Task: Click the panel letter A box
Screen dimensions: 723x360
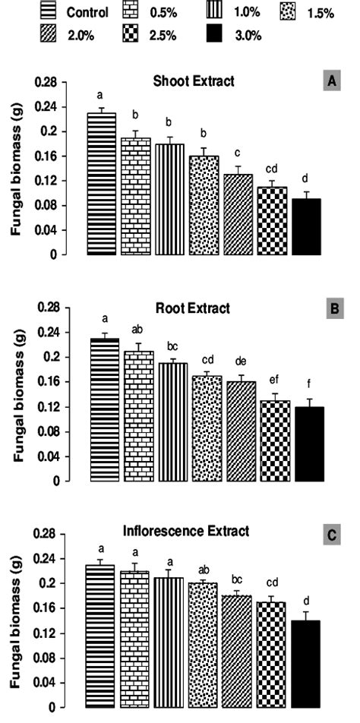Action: coord(332,84)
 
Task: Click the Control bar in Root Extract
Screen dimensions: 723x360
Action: coord(103,409)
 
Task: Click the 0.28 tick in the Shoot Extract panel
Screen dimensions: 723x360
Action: coord(47,81)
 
